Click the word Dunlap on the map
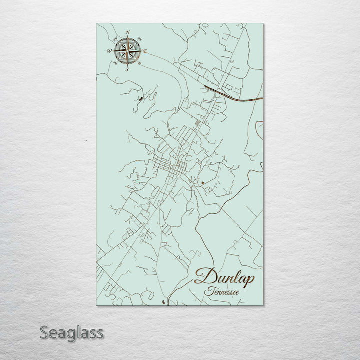[224, 276]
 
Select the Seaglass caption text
[72, 332]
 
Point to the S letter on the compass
[127, 69]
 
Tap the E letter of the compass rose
[145, 51]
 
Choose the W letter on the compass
[109, 51]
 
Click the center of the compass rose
[127, 51]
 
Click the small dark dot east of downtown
[202, 183]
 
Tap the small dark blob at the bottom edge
[165, 301]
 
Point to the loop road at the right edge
[259, 129]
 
